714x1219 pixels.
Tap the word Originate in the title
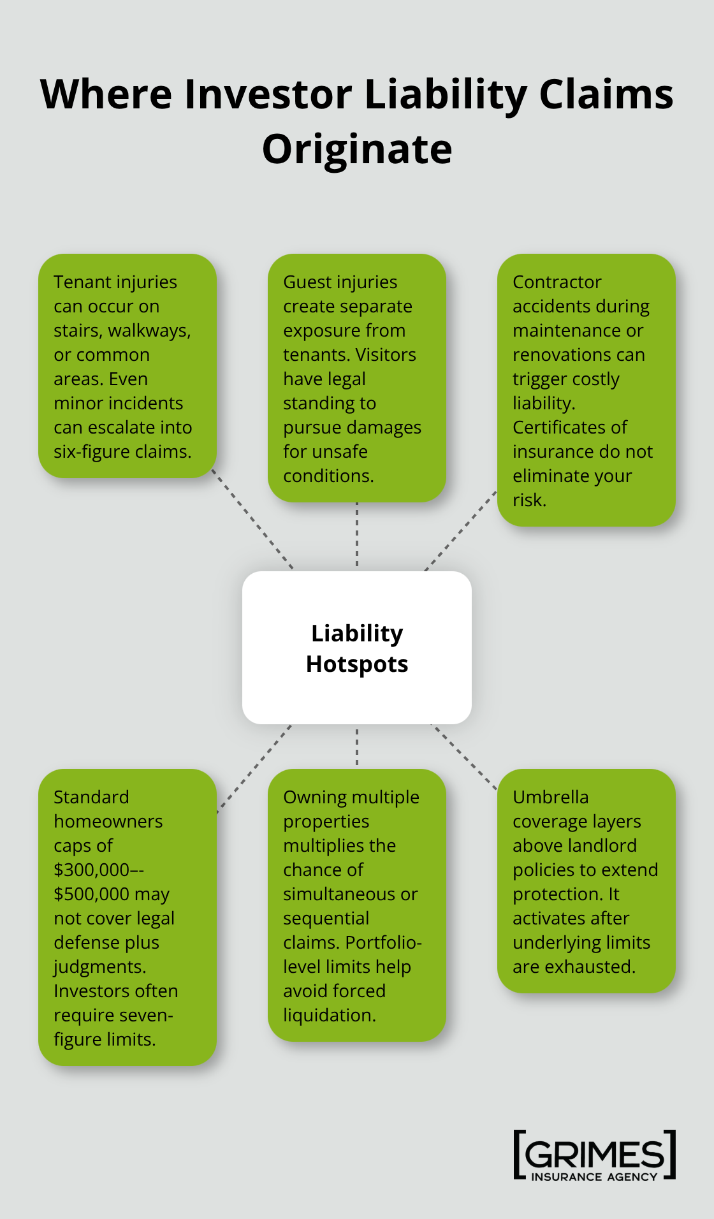pos(357,149)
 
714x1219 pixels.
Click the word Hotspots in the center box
pos(357,664)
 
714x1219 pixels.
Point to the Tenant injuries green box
pos(127,366)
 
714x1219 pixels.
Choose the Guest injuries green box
pos(357,377)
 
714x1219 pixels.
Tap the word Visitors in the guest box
pos(385,355)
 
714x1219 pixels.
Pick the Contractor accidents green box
pos(586,390)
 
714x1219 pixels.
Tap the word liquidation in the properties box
pos(328,1016)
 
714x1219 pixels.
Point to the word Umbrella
pos(550,798)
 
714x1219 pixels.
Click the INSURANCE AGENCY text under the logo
pos(594,1177)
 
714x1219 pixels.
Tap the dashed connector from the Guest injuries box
pos(357,536)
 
